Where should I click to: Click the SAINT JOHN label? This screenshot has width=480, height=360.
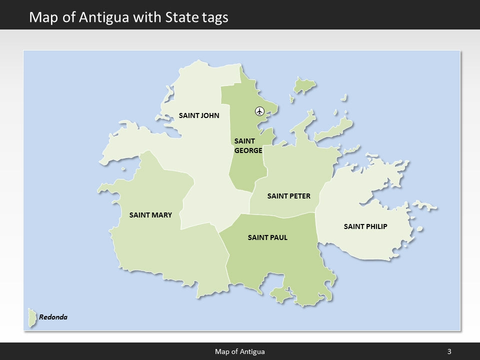199,115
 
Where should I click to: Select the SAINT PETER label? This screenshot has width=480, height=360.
288,196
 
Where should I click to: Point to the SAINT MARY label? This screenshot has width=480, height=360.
150,215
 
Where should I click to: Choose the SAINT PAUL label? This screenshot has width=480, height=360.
267,237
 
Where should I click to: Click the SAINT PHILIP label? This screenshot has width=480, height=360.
365,226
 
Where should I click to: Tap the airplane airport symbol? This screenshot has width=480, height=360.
259,111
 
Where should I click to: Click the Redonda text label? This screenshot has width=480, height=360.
53,317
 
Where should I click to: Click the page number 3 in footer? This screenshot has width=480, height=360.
449,351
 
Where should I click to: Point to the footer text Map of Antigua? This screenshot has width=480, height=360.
240,351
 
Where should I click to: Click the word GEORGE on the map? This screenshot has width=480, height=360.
248,150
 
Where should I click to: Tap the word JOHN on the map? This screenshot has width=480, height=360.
209,115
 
